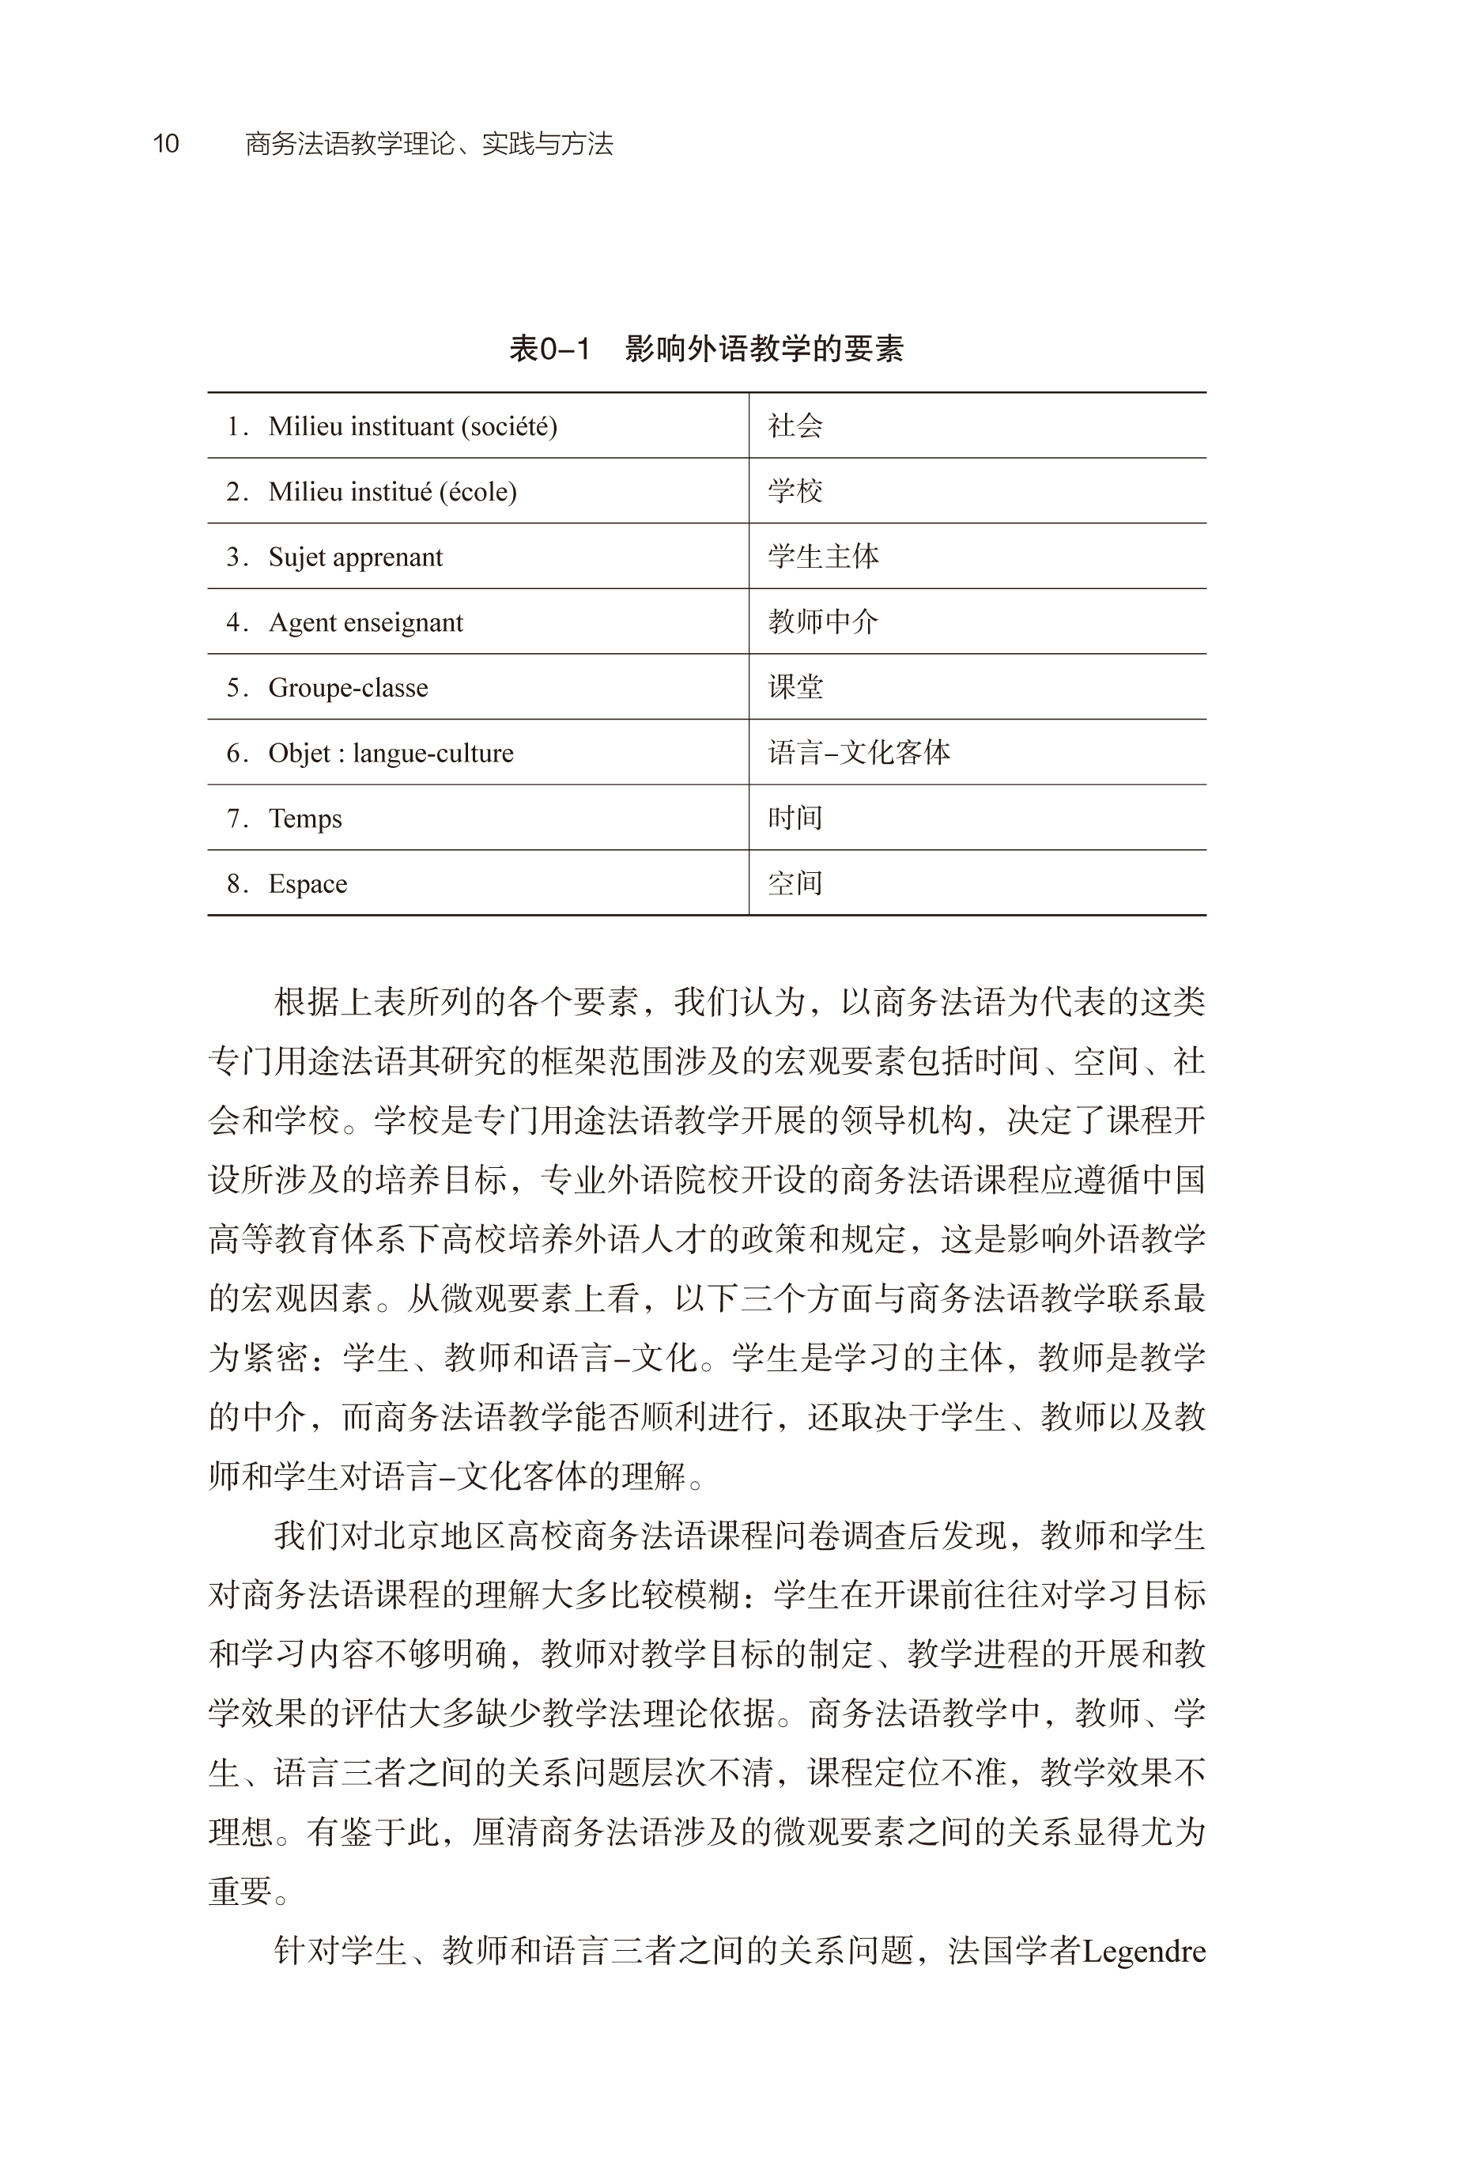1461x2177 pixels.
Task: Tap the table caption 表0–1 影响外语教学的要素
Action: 705,349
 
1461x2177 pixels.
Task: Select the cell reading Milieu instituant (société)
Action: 412,426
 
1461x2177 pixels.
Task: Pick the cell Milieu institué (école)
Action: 391,491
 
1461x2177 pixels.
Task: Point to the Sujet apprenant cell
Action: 355,557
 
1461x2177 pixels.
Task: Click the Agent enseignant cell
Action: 365,622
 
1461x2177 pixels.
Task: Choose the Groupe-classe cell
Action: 348,687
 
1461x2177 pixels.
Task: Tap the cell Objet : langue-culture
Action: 391,752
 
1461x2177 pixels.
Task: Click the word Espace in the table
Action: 308,883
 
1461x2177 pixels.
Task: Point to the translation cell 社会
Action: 795,426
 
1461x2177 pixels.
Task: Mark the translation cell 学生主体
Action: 823,557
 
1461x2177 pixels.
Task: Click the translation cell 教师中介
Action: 823,622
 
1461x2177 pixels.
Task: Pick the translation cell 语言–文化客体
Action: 858,752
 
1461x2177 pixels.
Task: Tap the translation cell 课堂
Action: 795,687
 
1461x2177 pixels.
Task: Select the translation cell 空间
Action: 795,883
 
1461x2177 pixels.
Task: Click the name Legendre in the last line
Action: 1143,1951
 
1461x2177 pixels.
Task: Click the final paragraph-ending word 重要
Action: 240,1891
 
